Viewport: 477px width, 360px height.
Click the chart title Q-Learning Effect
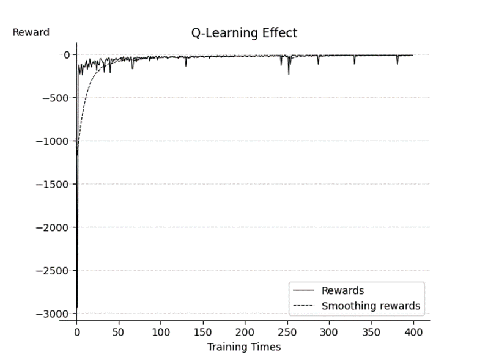tap(244, 33)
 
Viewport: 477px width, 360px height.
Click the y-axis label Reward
tap(31, 32)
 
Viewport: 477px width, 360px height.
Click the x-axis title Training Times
tap(244, 347)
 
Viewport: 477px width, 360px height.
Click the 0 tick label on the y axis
tap(67, 55)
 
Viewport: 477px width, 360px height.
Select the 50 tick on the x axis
tap(119, 332)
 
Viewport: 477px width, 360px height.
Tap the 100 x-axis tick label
tap(161, 332)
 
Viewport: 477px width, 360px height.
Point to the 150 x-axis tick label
tap(203, 332)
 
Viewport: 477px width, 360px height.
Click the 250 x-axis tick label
tap(287, 332)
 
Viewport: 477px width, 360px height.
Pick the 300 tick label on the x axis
tap(329, 332)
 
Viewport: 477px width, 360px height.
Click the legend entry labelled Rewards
tap(342, 291)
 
